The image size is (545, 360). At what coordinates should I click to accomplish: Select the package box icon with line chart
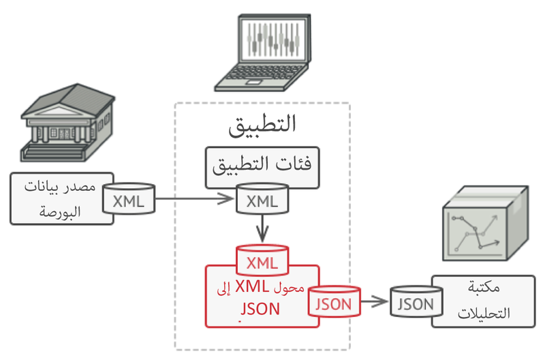coord(483,225)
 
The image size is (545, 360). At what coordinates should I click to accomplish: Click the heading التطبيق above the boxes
coord(263,125)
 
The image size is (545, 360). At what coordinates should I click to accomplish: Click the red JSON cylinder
coord(334,303)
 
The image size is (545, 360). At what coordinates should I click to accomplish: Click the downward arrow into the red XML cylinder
coord(262,228)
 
